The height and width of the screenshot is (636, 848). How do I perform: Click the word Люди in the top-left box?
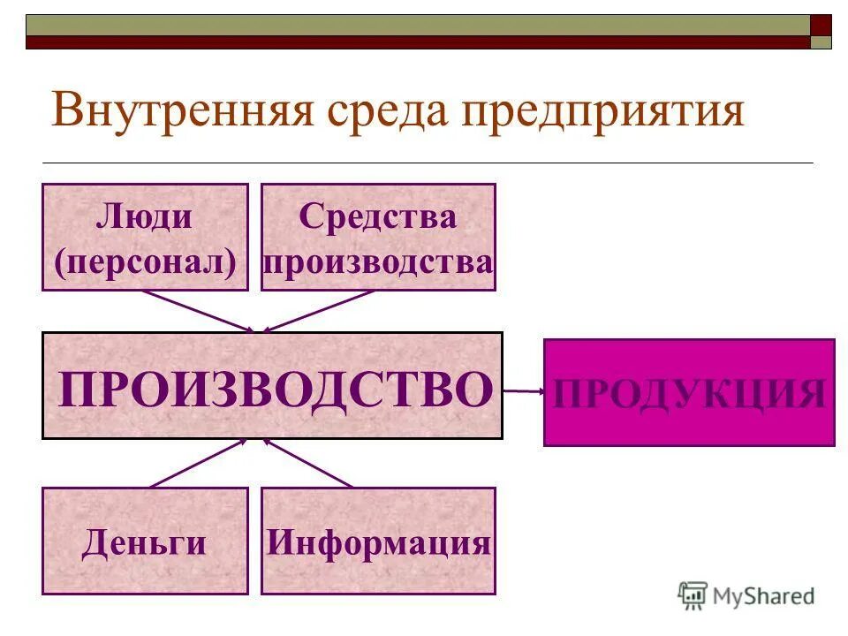click(145, 216)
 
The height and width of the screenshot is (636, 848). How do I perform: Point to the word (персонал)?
click(145, 262)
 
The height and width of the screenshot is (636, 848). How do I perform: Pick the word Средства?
click(378, 216)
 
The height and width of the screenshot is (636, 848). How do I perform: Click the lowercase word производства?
click(378, 262)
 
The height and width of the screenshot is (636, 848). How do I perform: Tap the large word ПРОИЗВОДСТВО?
click(274, 390)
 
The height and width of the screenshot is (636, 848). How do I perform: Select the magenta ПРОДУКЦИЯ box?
click(689, 392)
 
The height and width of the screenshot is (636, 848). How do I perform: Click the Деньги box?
click(145, 541)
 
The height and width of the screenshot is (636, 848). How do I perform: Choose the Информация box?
click(378, 541)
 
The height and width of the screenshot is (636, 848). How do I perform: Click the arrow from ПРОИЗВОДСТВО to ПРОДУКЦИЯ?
click(523, 390)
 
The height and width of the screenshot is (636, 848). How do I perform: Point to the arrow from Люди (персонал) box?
click(198, 311)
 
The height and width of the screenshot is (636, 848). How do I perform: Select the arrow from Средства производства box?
click(318, 311)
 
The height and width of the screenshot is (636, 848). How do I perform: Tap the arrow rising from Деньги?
click(198, 463)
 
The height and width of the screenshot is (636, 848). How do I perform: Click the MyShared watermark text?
click(763, 595)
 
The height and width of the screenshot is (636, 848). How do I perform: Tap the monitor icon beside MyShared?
click(693, 594)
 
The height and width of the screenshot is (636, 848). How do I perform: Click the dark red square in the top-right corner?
click(821, 24)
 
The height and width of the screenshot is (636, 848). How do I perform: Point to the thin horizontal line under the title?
click(428, 163)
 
